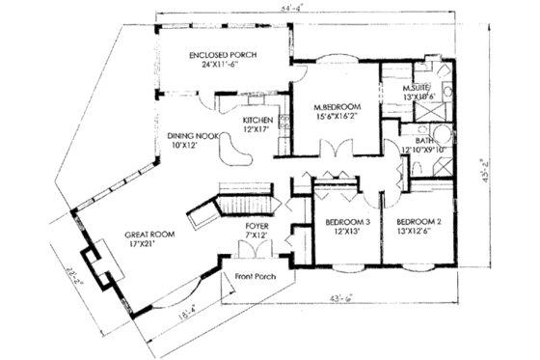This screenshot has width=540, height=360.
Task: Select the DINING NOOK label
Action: click(190, 136)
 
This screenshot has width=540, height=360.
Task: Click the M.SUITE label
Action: click(420, 88)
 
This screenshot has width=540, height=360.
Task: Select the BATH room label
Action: click(422, 140)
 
